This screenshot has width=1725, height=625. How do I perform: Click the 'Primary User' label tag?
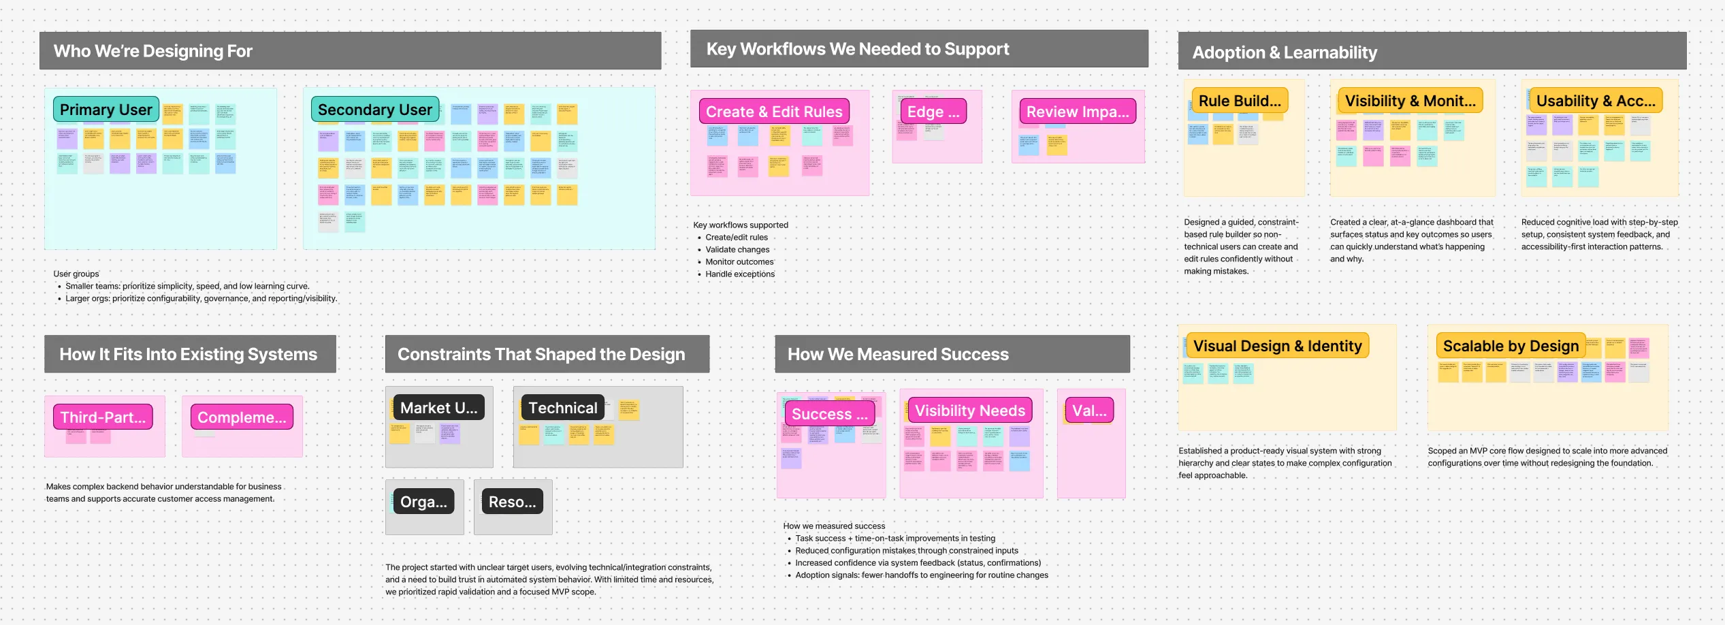106,110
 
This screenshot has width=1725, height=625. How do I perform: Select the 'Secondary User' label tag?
375,110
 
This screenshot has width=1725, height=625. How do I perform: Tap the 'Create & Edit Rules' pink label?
774,112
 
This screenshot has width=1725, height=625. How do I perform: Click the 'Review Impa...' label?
1078,112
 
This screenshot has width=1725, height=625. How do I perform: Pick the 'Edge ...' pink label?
933,112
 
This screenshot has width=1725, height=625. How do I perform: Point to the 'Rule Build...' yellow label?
1240,101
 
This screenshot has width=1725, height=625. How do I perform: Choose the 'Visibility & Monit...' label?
1410,101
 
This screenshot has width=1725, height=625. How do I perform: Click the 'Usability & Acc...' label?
1596,101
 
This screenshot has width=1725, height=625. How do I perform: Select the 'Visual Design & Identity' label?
1277,346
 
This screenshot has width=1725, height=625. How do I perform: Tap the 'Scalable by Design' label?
1511,346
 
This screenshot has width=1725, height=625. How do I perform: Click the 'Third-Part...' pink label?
103,417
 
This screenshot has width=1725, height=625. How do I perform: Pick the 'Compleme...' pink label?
242,417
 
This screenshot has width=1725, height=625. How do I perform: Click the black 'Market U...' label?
439,408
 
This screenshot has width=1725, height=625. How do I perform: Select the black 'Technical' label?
563,408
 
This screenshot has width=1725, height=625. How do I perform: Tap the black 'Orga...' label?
423,502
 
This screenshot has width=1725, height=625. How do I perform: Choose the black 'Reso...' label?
513,502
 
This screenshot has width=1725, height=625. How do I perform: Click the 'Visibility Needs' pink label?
969,411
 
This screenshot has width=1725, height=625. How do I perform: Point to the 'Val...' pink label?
1089,411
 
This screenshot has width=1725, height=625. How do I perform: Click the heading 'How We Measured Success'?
898,354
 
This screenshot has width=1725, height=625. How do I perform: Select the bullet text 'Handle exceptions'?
740,274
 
